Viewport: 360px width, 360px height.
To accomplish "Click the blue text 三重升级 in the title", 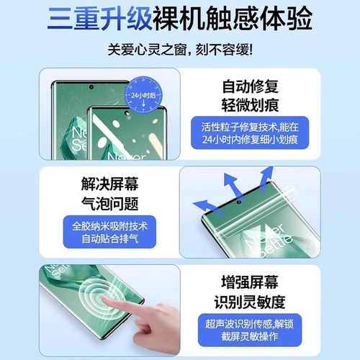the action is (x=99, y=19).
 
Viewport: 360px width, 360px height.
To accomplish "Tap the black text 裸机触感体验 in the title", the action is (x=233, y=19).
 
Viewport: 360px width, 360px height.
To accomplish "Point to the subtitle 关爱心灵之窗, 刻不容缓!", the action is (x=180, y=50).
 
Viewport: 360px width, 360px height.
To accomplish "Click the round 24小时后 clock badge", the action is (x=143, y=95).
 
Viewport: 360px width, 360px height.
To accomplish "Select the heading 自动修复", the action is (x=250, y=86).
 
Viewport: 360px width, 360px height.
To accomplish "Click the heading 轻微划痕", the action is (x=250, y=105).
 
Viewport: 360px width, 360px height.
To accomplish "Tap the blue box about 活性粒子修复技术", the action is (x=250, y=132).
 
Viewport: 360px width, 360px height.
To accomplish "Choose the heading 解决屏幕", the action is (x=109, y=184).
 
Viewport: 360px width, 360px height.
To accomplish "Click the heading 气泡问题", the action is (x=109, y=204).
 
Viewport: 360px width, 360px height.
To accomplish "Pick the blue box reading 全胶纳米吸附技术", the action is (x=109, y=232).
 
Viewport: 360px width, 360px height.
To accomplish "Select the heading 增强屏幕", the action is (x=250, y=282).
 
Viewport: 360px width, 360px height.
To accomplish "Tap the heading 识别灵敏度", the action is (x=250, y=302).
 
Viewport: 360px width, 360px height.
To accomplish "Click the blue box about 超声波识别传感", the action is (x=250, y=330).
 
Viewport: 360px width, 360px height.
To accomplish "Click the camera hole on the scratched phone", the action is (x=91, y=87).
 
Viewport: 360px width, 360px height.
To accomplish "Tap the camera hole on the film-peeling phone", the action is (x=239, y=202).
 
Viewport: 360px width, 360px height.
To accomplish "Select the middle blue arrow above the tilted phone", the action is (x=232, y=185).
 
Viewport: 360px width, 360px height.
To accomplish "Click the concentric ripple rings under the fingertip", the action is (x=101, y=297).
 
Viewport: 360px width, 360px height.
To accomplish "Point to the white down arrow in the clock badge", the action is (x=143, y=104).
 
